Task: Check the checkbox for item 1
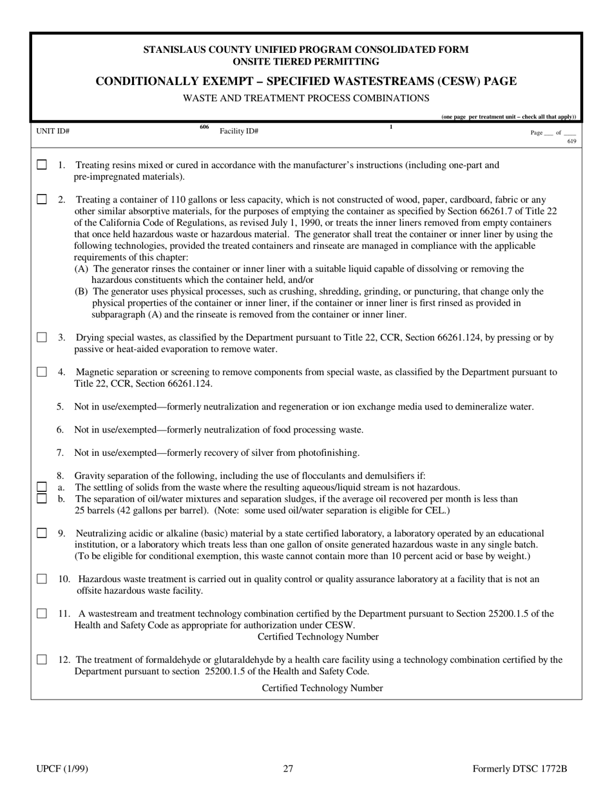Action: [x=42, y=165]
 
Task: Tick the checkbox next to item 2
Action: [x=42, y=199]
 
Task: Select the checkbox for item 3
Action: [x=42, y=337]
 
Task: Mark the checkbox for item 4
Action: [x=42, y=372]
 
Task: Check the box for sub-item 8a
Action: [x=42, y=487]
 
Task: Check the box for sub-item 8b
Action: [x=42, y=498]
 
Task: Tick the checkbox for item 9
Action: [x=42, y=533]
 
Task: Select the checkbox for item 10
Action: [x=42, y=579]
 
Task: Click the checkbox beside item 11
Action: [x=42, y=614]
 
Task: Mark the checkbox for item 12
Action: [x=42, y=660]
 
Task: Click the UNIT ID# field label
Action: [x=53, y=131]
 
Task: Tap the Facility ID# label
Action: [x=239, y=131]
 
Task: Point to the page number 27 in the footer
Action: [x=288, y=769]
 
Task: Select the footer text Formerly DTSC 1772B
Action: [x=519, y=769]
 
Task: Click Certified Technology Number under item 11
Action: [x=318, y=637]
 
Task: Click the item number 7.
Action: [x=60, y=453]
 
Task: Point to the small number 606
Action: [x=204, y=127]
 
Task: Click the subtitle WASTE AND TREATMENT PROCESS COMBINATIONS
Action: [x=306, y=98]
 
